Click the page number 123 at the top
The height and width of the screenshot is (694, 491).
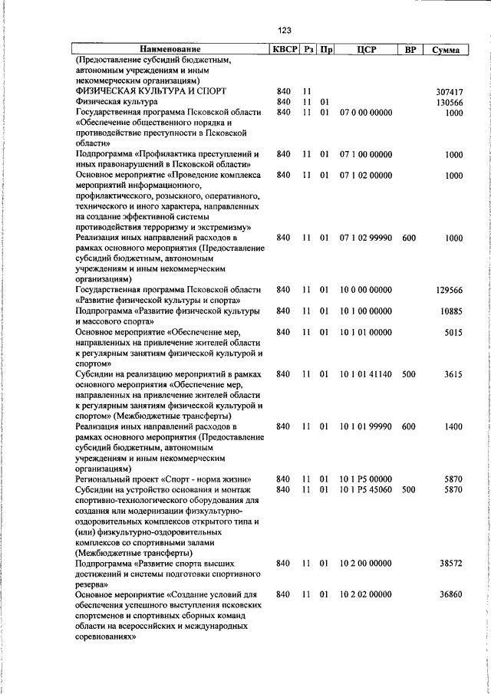(285, 31)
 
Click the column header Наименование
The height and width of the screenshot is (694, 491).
(170, 50)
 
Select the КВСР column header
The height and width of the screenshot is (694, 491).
(283, 50)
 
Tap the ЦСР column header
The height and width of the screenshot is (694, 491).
(365, 50)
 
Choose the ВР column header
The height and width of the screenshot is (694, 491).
(410, 50)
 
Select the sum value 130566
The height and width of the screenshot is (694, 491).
(449, 102)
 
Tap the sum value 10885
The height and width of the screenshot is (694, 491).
(450, 311)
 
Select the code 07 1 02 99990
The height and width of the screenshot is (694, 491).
(365, 238)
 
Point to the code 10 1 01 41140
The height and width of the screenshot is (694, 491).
(365, 374)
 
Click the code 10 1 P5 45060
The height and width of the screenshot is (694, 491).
(365, 489)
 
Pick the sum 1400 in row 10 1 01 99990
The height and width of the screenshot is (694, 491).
(453, 426)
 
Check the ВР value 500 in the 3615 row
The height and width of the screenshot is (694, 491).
(408, 374)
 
